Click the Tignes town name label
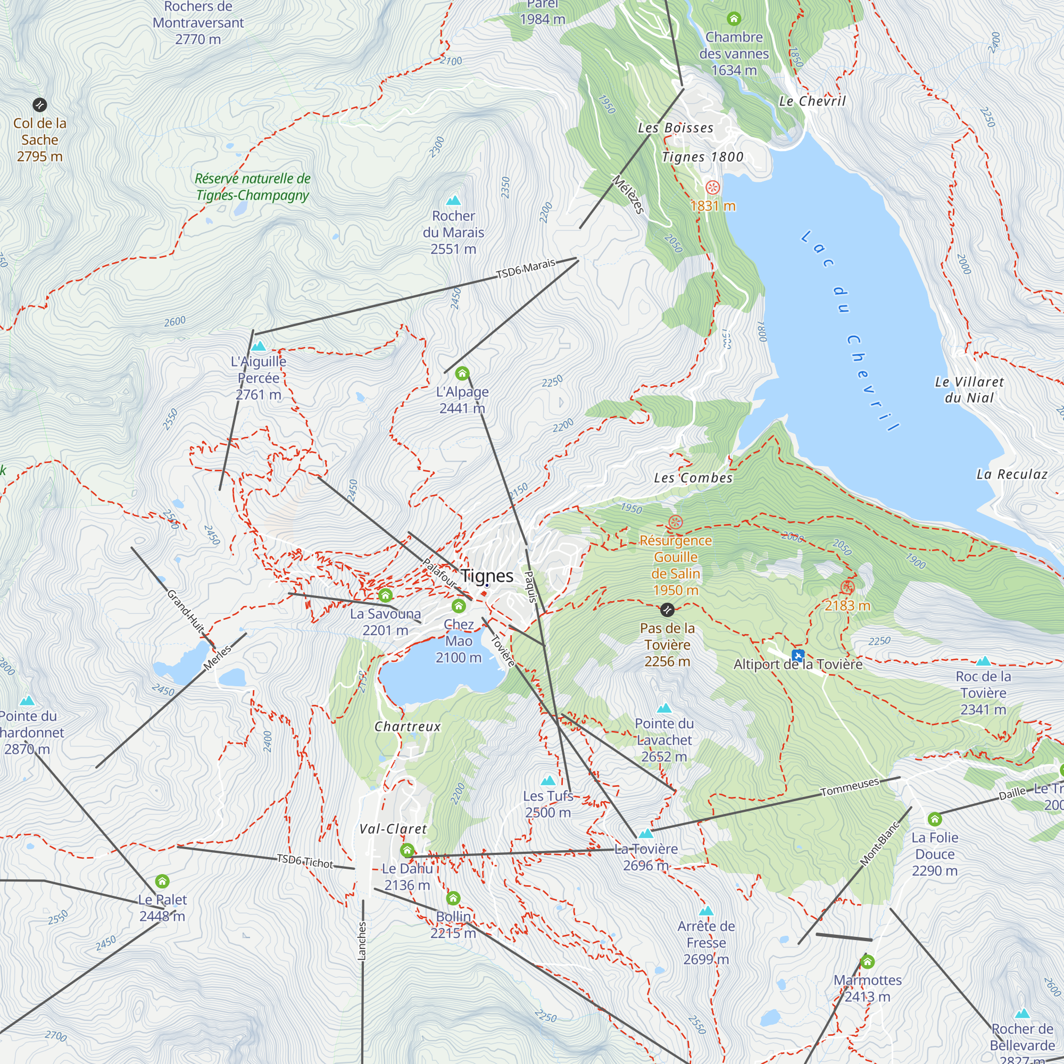(x=487, y=576)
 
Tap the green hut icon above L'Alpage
(x=462, y=374)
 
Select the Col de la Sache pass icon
(x=40, y=105)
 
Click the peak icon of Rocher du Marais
(x=453, y=200)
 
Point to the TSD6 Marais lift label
(x=526, y=269)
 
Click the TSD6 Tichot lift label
(x=304, y=861)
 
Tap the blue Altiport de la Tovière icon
(x=798, y=655)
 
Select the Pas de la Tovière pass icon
(x=667, y=610)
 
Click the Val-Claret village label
(x=393, y=829)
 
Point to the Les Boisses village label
(x=675, y=128)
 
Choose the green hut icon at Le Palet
(x=162, y=882)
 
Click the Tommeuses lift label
(x=850, y=787)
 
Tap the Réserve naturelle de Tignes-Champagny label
(x=252, y=187)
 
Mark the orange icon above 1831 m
(x=713, y=188)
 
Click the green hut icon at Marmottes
(x=867, y=962)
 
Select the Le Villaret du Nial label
(x=969, y=389)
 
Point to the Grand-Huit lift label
(x=186, y=611)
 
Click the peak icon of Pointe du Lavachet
(x=664, y=708)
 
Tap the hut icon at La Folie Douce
(x=935, y=819)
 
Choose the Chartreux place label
(x=408, y=726)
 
